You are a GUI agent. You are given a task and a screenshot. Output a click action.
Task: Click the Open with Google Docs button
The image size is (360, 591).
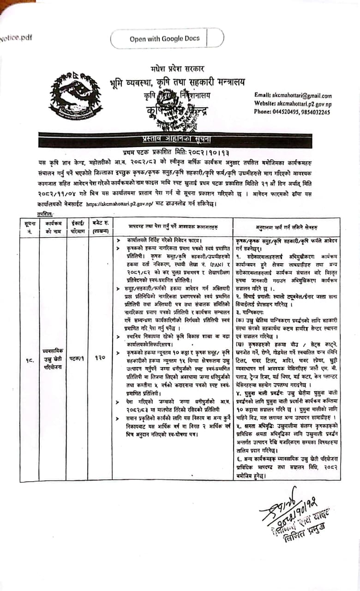tap(165, 39)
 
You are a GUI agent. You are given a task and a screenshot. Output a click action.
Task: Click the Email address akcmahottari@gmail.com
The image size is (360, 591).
tap(293, 96)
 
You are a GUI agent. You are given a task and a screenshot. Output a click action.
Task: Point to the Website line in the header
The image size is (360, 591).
tap(293, 104)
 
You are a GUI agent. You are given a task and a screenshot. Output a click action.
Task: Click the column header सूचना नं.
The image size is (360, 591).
tap(29, 226)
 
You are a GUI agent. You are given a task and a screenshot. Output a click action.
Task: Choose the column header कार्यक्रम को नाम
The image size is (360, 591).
tap(50, 226)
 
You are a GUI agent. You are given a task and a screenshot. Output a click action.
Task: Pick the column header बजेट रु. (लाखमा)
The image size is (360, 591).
tap(100, 226)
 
